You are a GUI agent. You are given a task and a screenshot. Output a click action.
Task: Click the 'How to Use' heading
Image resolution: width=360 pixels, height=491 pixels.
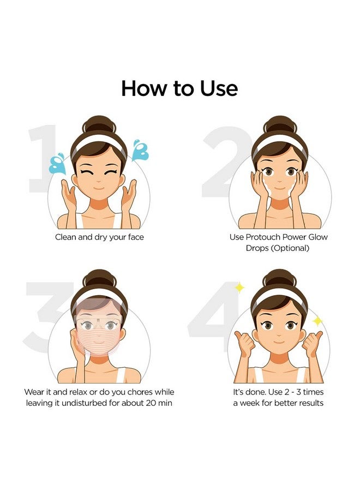point(179,88)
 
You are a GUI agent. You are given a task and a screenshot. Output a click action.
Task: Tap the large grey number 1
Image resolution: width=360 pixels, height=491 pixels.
point(42,158)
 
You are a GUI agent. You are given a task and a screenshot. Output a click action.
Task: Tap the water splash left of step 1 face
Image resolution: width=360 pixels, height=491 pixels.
point(57,164)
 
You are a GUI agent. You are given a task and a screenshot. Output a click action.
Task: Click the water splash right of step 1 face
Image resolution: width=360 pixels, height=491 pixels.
point(141,149)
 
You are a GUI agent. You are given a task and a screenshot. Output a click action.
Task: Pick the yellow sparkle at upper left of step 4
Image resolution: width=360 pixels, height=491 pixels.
point(239,287)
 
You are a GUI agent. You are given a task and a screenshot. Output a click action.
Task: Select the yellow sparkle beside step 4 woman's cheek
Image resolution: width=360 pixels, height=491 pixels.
point(317,321)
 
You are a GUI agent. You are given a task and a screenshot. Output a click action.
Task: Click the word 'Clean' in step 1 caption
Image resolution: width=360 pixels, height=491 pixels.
point(66,237)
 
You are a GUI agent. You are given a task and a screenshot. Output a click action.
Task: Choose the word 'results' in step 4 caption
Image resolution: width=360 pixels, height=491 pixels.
point(308,403)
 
